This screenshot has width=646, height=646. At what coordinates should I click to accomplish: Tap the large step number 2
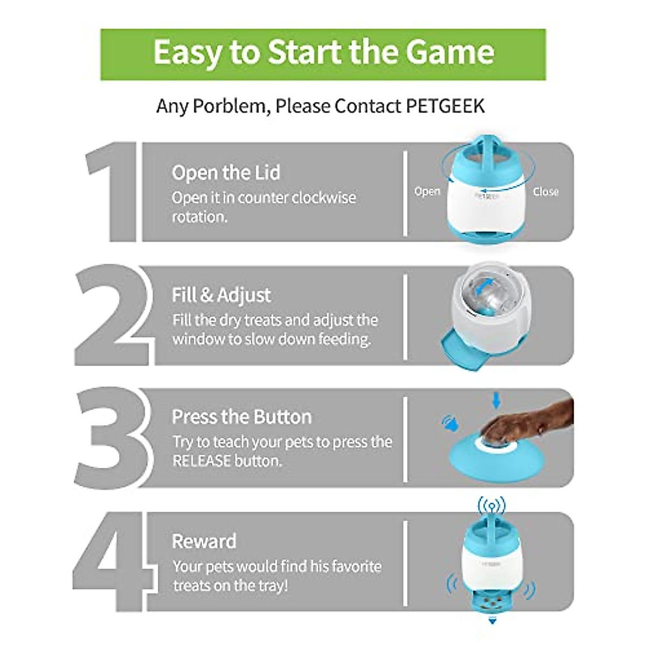pos(110,315)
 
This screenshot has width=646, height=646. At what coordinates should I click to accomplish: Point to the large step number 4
pos(110,560)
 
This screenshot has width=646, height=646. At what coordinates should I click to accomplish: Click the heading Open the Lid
pos(226,173)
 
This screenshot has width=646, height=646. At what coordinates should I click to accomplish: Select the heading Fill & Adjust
pos(221,295)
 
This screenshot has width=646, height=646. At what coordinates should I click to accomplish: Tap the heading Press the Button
pos(242,417)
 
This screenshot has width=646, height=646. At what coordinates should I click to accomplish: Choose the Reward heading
pos(204,541)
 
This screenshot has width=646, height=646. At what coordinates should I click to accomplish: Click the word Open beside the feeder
pos(427,191)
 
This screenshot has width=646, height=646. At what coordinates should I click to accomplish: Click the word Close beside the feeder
pos(545,191)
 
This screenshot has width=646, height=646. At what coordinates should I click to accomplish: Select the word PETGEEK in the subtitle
pos(445,106)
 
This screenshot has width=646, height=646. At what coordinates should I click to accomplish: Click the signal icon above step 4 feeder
pos(491,506)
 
